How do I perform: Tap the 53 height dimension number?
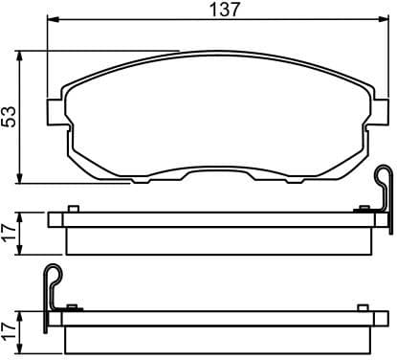tap(10, 116)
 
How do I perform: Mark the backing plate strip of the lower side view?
tap(218, 317)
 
